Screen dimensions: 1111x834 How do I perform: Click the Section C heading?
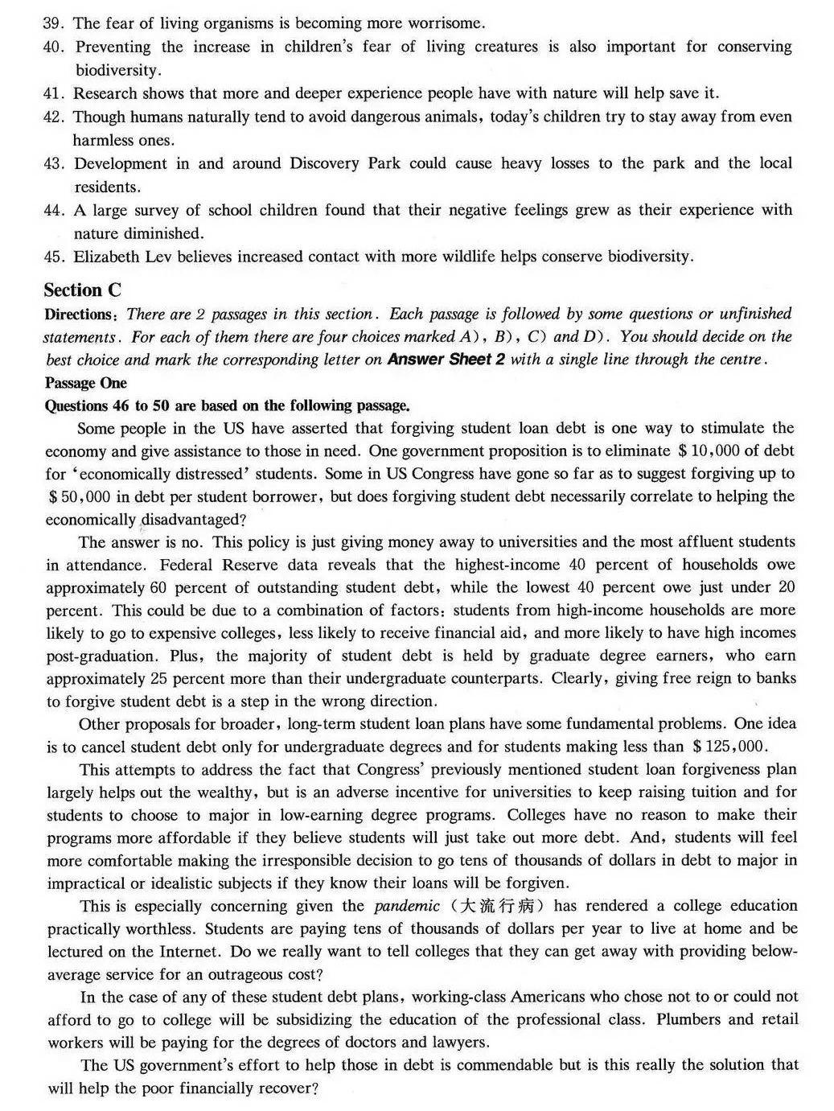pos(82,290)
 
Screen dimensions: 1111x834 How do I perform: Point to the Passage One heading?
pos(86,383)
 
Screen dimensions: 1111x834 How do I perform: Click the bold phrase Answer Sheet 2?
pos(446,360)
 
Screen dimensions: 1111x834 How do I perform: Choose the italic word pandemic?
pos(407,906)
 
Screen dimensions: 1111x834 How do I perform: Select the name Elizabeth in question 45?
pos(106,257)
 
